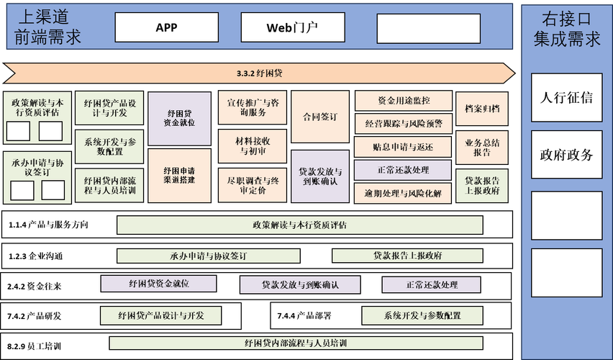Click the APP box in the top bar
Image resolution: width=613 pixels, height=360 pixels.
click(166, 28)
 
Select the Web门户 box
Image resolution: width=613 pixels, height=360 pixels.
click(293, 28)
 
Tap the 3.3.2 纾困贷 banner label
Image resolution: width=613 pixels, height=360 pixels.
click(259, 73)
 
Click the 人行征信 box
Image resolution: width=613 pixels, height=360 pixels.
click(566, 98)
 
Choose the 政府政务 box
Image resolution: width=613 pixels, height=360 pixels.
click(566, 155)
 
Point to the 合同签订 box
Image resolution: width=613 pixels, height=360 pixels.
click(320, 117)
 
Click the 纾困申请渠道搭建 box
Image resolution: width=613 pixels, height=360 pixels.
click(179, 175)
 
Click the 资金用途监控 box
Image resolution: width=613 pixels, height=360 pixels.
click(403, 101)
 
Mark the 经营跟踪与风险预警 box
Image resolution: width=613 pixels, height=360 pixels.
click(403, 124)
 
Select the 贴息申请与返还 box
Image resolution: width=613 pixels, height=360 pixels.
click(403, 147)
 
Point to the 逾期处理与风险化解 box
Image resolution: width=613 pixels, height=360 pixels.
click(403, 193)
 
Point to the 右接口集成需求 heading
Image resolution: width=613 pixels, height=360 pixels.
click(567, 29)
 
